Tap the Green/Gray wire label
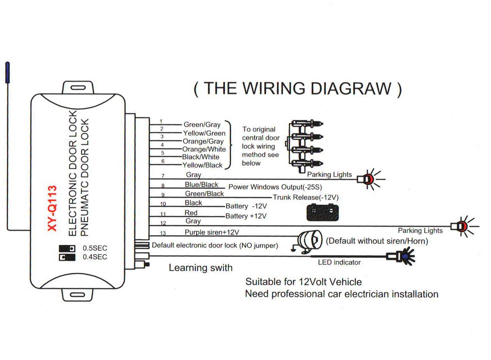tap(202, 124)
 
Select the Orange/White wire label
tap(204, 149)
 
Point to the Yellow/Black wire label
tap(202, 165)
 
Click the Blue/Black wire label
tap(201, 185)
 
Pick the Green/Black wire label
tap(204, 194)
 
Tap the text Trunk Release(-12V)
tap(305, 197)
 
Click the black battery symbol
tap(323, 212)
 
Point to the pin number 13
tap(163, 233)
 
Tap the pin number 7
tap(163, 176)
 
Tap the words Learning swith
tap(201, 268)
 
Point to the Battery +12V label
tap(246, 216)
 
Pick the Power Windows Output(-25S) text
tap(275, 187)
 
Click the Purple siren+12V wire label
tap(212, 232)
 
